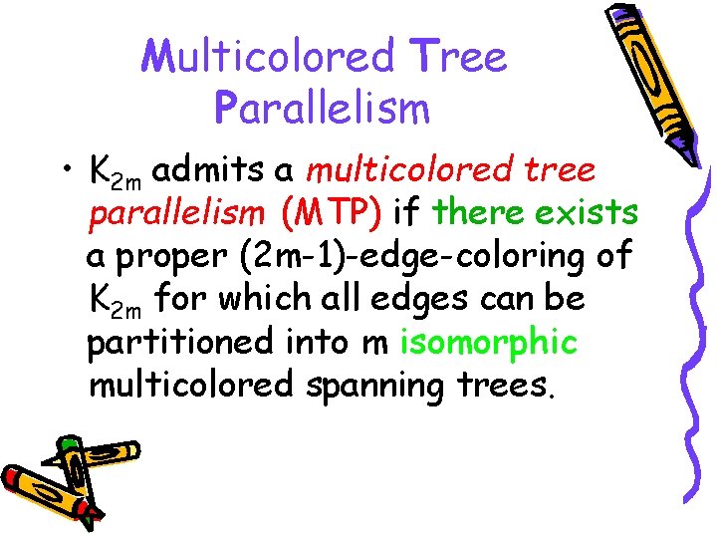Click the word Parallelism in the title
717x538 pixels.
[x=322, y=106]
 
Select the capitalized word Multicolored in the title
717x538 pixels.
[x=268, y=57]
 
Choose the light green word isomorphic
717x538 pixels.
[x=488, y=342]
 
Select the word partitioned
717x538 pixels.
[x=178, y=342]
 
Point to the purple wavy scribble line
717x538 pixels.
[x=697, y=299]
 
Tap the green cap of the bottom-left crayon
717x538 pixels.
[x=68, y=442]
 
